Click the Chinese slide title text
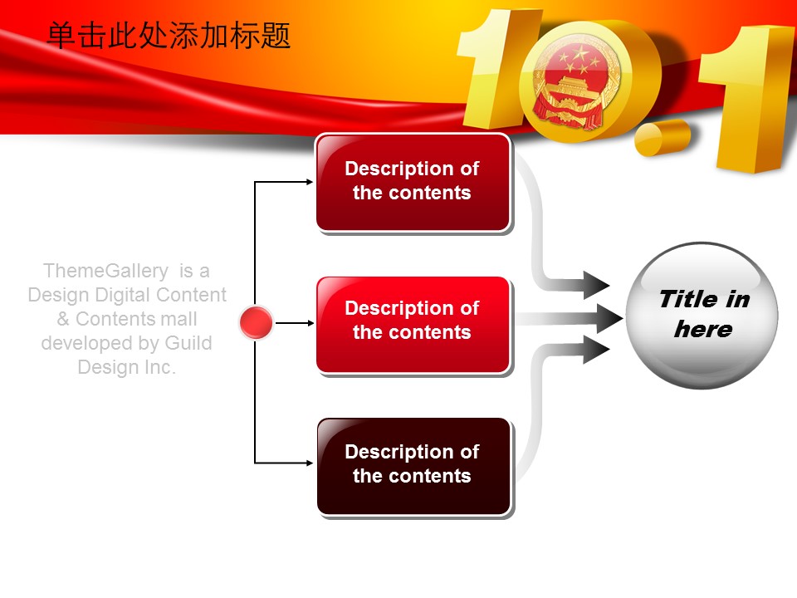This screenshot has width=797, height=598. pos(169,36)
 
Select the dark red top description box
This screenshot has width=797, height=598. pos(413,183)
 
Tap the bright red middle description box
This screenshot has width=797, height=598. pos(413,325)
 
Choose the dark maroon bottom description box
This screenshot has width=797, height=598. pos(413,466)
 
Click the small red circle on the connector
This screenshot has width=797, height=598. pos(257,322)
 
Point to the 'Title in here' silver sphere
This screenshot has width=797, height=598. pos(702,316)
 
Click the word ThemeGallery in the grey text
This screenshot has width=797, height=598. pos(105,271)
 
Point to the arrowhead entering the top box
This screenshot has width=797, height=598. pos(310,182)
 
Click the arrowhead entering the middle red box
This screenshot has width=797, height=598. pos(310,323)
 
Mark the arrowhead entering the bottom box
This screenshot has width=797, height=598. pos(310,463)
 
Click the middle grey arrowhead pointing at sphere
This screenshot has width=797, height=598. pos(609,319)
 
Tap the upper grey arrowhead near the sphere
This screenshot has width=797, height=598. pos(596,285)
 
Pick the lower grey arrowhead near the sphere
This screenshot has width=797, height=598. pos(596,350)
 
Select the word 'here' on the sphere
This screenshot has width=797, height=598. pos(703,330)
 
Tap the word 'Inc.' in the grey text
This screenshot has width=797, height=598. pos(159,367)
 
